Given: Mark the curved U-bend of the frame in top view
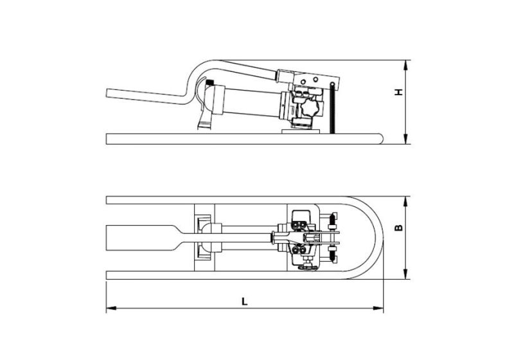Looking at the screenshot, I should (376, 237).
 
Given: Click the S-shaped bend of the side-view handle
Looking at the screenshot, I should (186, 87).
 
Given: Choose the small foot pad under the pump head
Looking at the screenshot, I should (301, 130).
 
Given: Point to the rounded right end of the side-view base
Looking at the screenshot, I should (381, 138).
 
